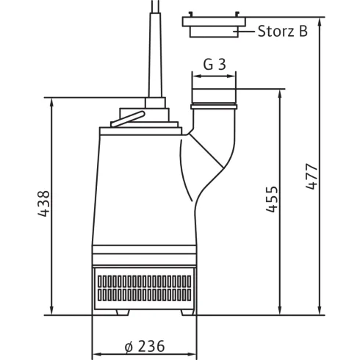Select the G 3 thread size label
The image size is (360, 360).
tap(214, 65)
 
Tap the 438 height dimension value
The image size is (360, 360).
tap(43, 205)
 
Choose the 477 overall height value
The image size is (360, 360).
tap(312, 176)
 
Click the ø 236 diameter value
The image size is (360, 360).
tap(144, 346)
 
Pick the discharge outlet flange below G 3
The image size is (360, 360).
tap(214, 98)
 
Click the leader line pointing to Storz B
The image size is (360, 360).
tap(247, 32)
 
